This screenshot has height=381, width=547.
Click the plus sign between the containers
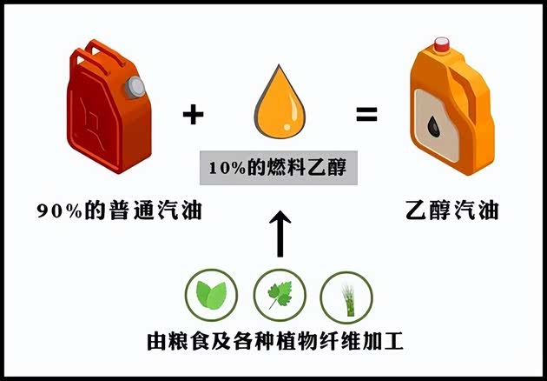click(193, 114)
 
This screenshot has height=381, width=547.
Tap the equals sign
click(366, 114)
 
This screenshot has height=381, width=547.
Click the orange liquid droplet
click(280, 102)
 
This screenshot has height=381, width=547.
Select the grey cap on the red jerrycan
click(135, 87)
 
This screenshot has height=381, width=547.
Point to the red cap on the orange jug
click(442, 44)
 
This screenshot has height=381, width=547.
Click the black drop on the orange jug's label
click(434, 126)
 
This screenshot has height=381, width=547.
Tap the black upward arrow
click(280, 233)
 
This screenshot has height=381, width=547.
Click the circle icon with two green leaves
click(211, 296)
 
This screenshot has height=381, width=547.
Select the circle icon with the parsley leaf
click(280, 296)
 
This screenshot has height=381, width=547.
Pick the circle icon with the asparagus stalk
click(346, 297)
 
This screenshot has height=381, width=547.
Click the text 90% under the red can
click(60, 211)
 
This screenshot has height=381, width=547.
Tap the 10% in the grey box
click(227, 168)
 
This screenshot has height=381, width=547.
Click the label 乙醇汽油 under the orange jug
click(452, 211)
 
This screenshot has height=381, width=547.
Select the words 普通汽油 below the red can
click(155, 211)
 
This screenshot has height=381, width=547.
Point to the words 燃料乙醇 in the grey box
click(306, 167)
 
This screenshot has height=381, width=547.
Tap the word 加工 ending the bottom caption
click(384, 341)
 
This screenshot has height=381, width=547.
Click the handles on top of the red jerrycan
click(97, 56)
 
